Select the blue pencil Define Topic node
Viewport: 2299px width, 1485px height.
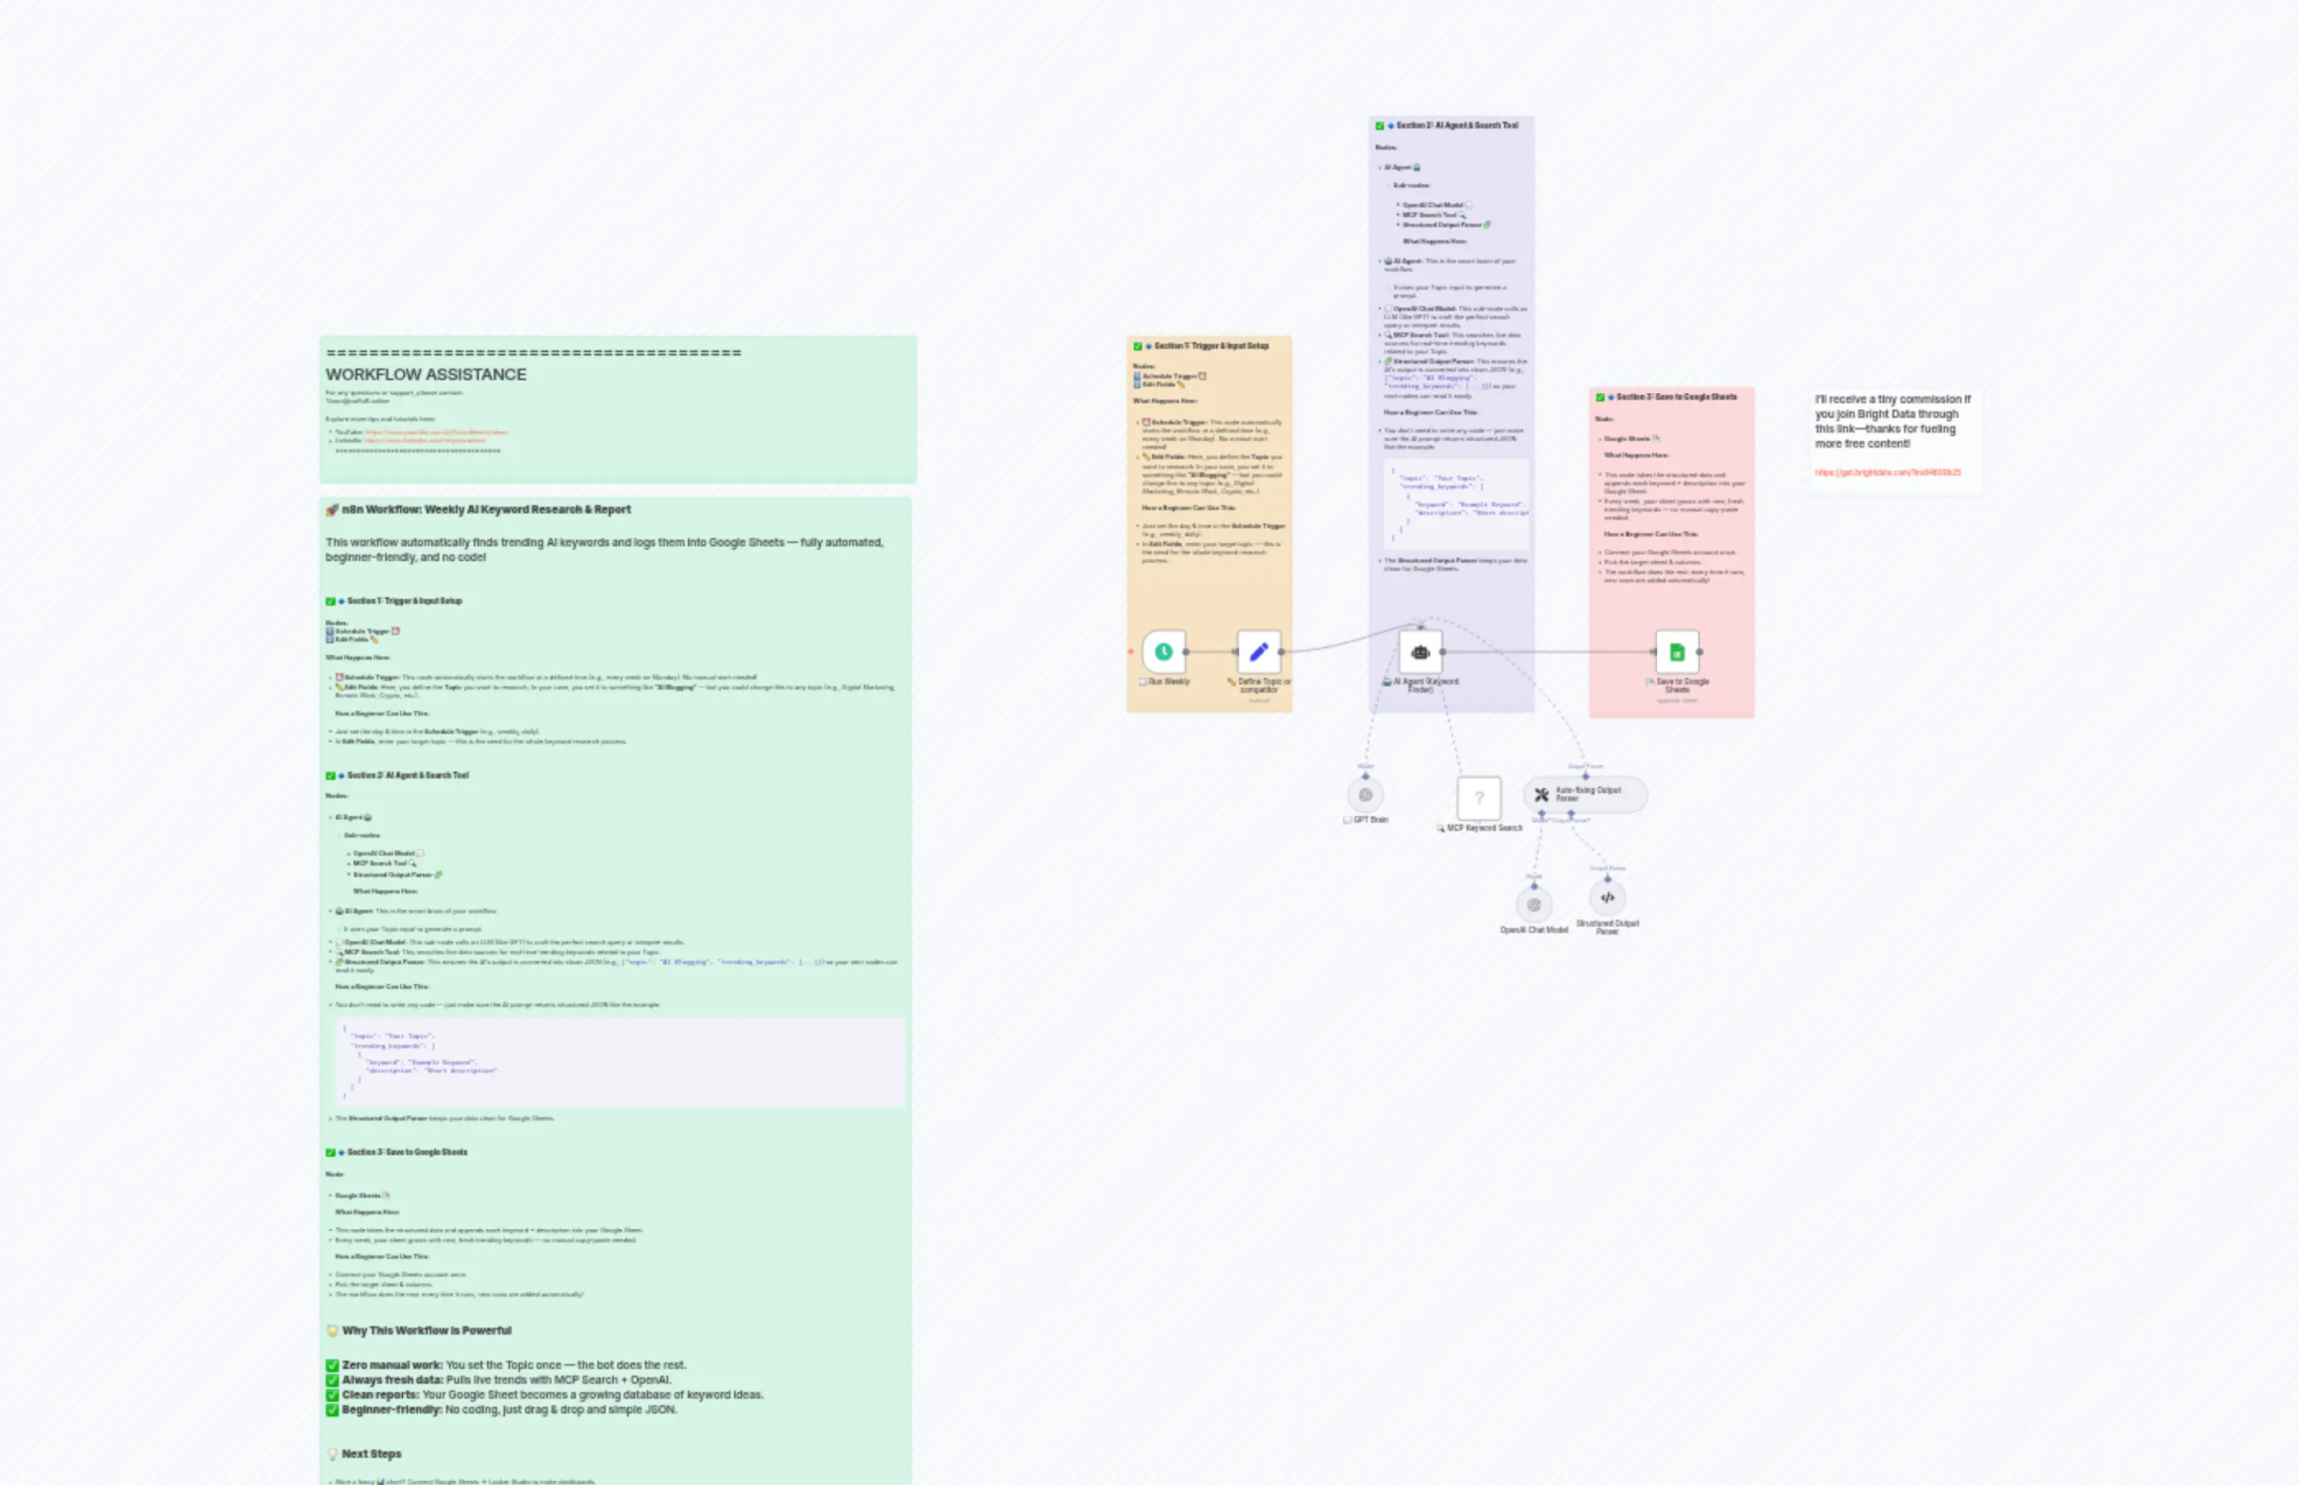tap(1258, 652)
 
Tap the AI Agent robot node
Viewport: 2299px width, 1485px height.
tap(1419, 652)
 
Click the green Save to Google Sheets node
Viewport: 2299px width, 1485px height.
tap(1676, 652)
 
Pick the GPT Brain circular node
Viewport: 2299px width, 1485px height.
tap(1366, 795)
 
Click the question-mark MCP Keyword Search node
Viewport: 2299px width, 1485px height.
tap(1479, 797)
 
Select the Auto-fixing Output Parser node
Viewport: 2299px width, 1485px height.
tap(1586, 794)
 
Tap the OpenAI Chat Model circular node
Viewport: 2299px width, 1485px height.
tap(1533, 904)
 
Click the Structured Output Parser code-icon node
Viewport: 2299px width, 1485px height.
tap(1607, 898)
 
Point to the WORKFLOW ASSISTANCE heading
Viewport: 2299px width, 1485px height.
tap(425, 374)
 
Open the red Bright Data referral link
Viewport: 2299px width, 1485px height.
tap(1888, 472)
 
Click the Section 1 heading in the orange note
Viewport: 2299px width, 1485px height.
tap(1211, 346)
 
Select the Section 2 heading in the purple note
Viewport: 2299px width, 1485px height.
tap(1456, 125)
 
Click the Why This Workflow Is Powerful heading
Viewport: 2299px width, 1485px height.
tap(426, 1330)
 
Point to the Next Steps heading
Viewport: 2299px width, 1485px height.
tap(371, 1454)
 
